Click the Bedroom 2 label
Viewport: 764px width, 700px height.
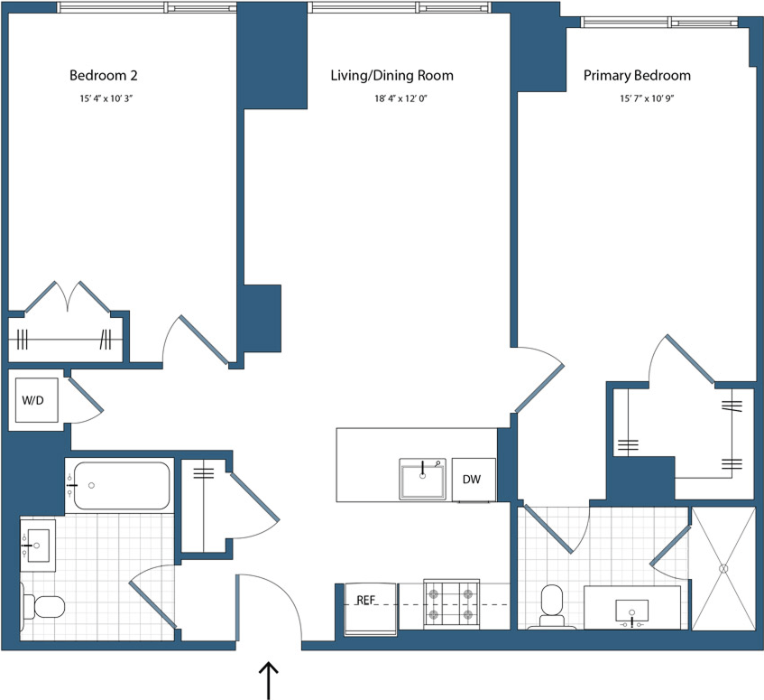103,75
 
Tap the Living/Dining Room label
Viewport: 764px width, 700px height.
391,75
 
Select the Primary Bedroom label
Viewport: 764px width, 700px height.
637,75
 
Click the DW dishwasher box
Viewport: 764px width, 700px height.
473,480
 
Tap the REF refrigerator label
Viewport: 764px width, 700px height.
366,599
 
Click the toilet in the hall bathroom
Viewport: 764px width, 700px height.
41,605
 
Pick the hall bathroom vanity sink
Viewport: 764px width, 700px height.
37,544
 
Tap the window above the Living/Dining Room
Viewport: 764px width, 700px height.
398,7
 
